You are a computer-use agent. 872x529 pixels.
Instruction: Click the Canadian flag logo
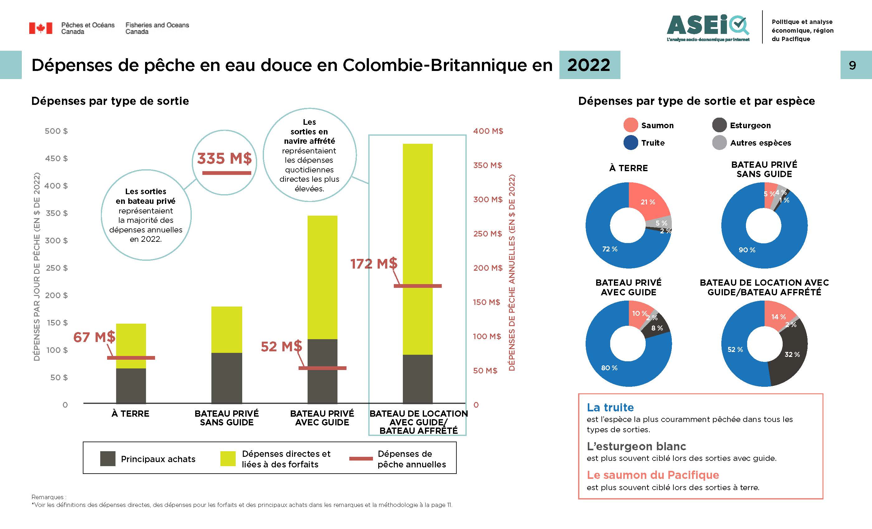[40, 28]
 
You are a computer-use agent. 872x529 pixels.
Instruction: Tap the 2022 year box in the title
[589, 65]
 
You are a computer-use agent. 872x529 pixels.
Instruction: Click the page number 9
[852, 65]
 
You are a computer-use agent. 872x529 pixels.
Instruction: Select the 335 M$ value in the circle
[224, 158]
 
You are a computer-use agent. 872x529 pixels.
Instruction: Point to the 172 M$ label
[374, 264]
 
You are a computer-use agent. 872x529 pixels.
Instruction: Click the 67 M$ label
[94, 337]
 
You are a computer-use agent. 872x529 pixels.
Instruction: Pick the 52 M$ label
[281, 346]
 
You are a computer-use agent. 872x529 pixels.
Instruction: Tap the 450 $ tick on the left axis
[56, 158]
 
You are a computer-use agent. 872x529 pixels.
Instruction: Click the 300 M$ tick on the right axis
[488, 199]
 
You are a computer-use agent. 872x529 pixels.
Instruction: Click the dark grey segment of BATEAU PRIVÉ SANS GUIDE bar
[227, 378]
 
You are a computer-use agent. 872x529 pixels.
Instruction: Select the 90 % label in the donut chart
[747, 250]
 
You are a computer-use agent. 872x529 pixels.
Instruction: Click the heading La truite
[610, 408]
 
